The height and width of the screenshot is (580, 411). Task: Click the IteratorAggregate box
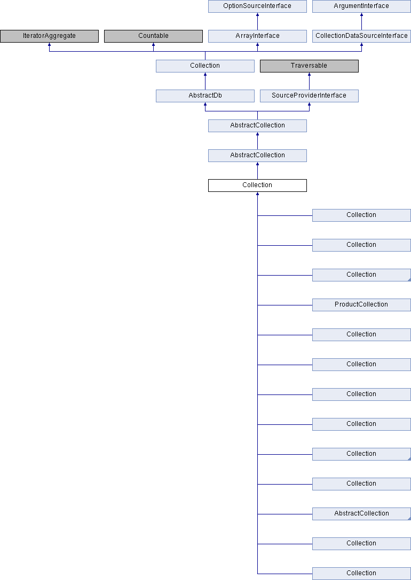[x=49, y=36]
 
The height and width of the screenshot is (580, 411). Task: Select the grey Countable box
[x=153, y=36]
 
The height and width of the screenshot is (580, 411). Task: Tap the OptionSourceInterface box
[x=257, y=6]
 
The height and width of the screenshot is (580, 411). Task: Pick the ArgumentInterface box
[x=361, y=6]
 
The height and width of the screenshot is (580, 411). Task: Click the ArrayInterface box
[x=257, y=36]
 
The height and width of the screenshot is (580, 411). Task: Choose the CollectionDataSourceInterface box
[x=361, y=36]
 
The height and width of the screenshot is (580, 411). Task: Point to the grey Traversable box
[x=309, y=66]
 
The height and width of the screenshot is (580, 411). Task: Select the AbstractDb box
[x=205, y=96]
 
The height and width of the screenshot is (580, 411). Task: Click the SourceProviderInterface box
[x=309, y=96]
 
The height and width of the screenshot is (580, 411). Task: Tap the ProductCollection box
[x=361, y=305]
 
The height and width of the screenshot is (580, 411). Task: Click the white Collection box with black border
[x=257, y=186]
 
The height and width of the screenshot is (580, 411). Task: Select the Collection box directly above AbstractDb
[x=205, y=66]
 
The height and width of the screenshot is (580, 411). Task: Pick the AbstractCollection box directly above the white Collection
[x=257, y=155]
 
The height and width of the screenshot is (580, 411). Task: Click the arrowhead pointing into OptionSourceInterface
[x=257, y=14]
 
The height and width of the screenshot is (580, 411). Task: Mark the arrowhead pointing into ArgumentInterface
[x=361, y=14]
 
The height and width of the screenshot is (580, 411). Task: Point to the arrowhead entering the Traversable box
[x=309, y=74]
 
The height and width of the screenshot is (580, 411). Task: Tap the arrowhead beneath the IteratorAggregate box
[x=49, y=44]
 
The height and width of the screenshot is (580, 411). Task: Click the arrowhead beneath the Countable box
[x=153, y=44]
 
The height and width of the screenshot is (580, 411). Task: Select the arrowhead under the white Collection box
[x=257, y=194]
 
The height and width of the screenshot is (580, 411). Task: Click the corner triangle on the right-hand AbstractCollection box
[x=409, y=519]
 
